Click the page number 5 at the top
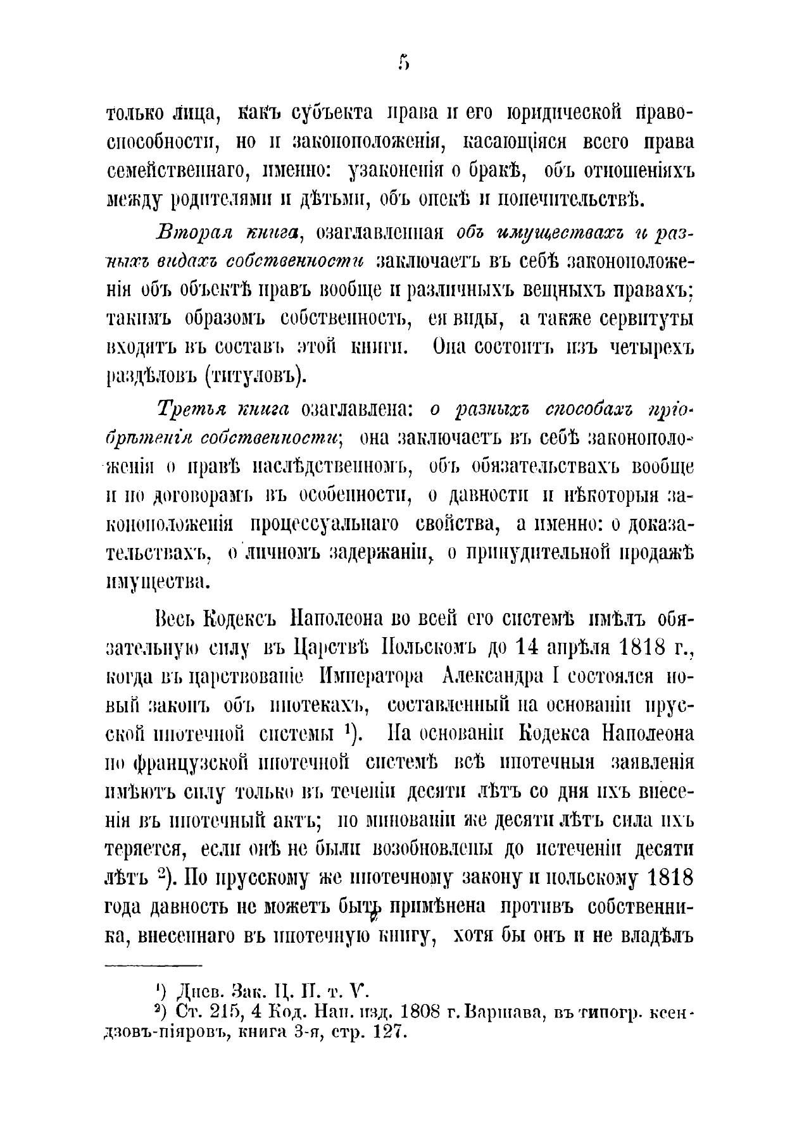pos(404,63)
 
